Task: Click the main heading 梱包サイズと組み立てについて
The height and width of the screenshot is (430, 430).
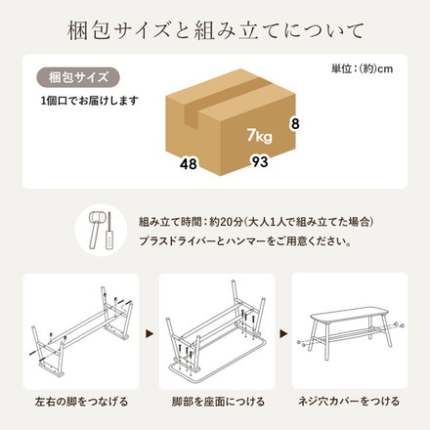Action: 215,26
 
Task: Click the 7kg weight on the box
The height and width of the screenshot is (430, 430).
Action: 259,134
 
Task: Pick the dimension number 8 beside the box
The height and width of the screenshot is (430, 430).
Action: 292,124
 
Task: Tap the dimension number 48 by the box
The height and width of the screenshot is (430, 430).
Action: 189,163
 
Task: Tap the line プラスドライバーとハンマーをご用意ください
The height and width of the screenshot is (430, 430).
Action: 242,240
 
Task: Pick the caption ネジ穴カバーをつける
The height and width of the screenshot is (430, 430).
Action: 350,402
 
